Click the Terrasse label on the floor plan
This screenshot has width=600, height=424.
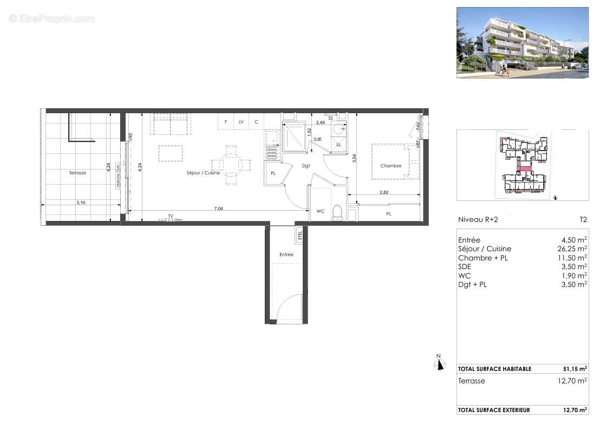[77, 173]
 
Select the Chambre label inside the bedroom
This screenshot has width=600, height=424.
[390, 166]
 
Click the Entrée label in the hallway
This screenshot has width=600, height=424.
[286, 254]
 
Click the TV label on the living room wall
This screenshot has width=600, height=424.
[170, 216]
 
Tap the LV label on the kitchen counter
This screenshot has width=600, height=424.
[241, 122]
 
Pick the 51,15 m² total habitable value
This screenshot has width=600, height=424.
[575, 369]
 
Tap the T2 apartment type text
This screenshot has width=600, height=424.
[583, 220]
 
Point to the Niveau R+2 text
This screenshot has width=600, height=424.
[477, 220]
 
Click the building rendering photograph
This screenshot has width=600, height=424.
[522, 43]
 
